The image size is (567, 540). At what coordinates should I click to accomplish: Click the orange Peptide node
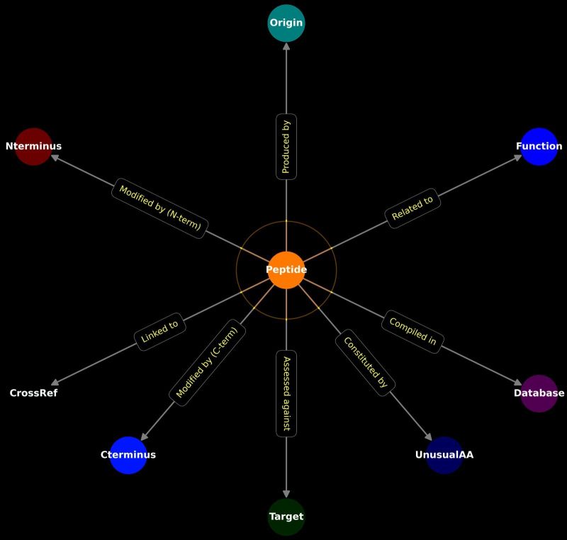point(286,270)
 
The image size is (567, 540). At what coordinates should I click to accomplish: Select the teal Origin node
point(286,23)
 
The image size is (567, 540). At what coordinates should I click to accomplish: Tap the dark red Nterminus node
point(33,147)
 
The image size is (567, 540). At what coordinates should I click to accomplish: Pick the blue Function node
point(539,147)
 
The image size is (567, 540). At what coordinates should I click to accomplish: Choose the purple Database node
point(539,393)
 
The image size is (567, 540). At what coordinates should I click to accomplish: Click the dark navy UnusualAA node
point(444,455)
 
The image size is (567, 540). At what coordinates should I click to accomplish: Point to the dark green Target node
point(286,517)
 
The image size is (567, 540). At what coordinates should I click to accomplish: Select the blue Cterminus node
point(128,455)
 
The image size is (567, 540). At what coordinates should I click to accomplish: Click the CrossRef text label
point(33,393)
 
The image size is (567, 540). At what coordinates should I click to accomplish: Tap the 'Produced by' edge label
point(286,147)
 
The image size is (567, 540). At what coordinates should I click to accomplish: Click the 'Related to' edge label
point(412,208)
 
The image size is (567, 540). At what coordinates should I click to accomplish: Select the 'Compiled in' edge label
point(412,332)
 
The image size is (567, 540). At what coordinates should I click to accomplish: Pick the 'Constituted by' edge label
point(365,362)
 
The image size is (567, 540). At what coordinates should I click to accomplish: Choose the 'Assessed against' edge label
point(286,393)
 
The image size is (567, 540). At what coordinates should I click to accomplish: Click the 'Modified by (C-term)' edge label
point(208,362)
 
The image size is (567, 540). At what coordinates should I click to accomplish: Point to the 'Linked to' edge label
point(160,332)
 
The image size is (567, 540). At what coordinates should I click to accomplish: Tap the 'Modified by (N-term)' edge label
point(160,208)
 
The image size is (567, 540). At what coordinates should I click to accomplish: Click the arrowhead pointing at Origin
point(286,46)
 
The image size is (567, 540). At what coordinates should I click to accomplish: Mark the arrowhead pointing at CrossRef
point(55,382)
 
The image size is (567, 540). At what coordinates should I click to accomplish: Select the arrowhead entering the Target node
point(286,493)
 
